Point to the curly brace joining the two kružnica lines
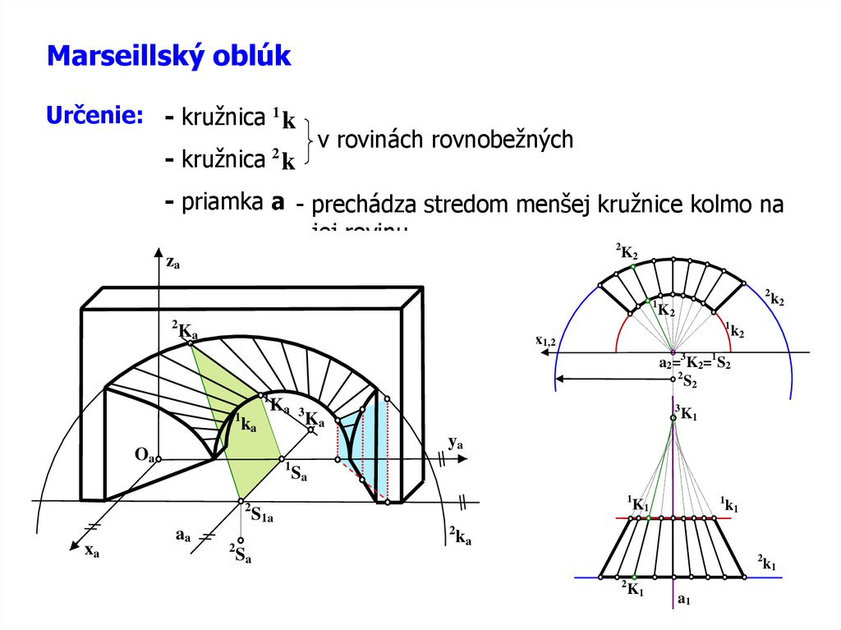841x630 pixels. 308,141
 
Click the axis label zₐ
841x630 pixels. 172,262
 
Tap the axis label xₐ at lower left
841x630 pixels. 91,551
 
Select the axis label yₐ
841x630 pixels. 456,443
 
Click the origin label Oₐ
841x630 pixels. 145,454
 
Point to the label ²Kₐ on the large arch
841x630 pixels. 185,331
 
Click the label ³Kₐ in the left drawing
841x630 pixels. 311,419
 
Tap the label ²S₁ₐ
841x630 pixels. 259,513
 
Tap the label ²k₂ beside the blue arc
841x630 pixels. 774,297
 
